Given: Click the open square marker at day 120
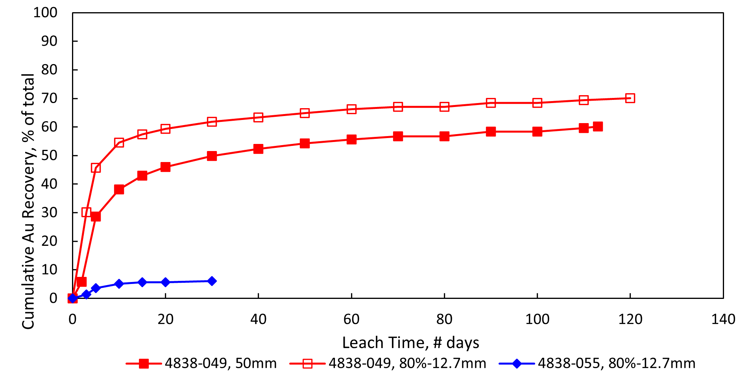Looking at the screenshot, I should point(630,98).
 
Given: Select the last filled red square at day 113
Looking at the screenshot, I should point(598,126).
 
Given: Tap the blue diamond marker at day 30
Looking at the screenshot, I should point(212,281).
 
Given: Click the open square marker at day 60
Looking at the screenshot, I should point(351,109).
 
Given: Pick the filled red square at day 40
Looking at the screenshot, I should point(258,149).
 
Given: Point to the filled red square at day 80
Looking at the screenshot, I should point(444,136).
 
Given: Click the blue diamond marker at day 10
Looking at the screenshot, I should point(119,284).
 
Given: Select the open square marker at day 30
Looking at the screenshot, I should point(212,122).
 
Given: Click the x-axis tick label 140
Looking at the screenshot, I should point(723,319).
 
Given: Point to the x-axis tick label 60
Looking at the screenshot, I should point(351,319).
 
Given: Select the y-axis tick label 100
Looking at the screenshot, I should point(45,13).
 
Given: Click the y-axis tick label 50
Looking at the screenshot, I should point(49,155).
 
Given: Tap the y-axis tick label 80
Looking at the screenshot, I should point(49,70).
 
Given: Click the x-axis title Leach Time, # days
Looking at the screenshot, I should point(410,343).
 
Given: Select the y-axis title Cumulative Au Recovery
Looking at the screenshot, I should point(28,201).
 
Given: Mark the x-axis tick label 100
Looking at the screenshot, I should point(537,319).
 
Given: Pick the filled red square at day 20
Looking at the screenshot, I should point(165,167).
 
